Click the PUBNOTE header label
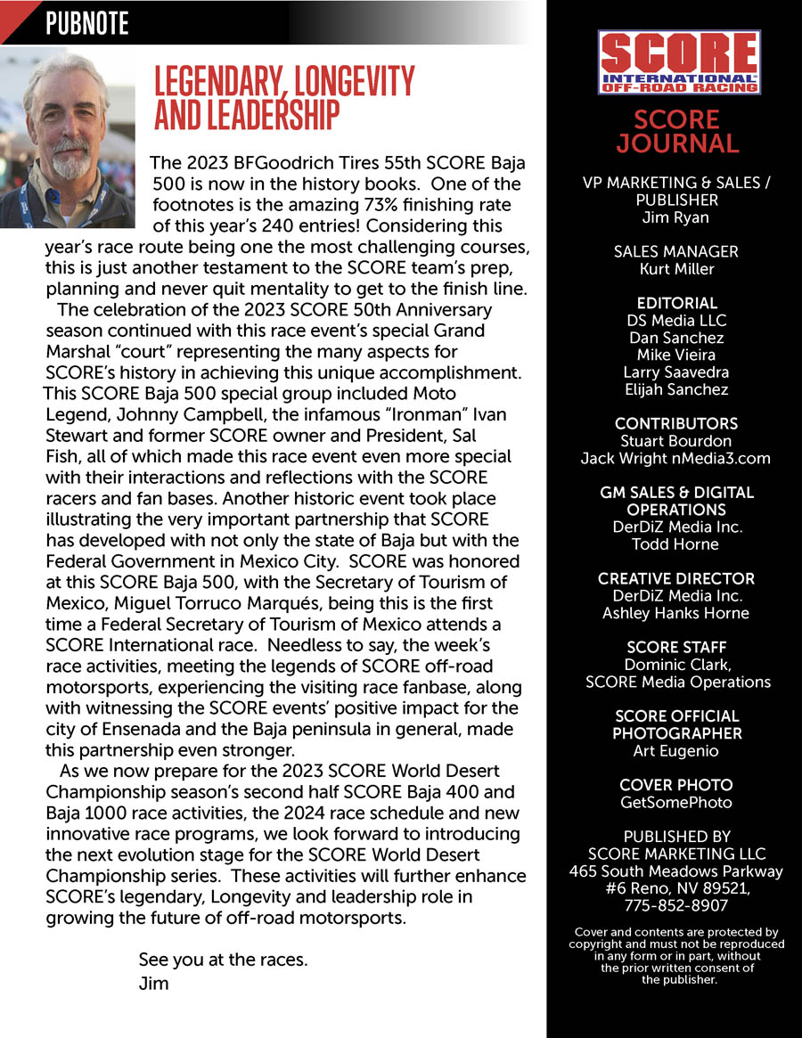point(87,23)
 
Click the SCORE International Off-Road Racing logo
point(678,62)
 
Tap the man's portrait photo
point(68,137)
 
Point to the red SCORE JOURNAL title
point(677,132)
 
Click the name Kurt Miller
point(676,269)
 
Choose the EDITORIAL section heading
point(676,303)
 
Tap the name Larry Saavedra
point(676,372)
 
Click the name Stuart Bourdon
point(676,440)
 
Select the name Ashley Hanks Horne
point(676,612)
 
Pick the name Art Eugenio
point(676,750)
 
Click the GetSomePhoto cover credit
point(676,802)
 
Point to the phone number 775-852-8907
point(676,905)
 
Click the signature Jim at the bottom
point(153,984)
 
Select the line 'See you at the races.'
point(223,960)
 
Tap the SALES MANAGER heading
point(676,252)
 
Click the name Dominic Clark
point(676,665)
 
